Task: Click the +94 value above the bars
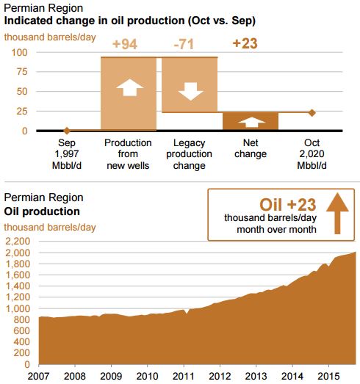125,44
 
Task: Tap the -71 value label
184,44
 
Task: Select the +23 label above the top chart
245,43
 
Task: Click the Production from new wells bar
129,93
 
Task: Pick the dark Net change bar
251,121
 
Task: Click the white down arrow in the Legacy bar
191,91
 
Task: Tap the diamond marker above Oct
312,112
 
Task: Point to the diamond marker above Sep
67,131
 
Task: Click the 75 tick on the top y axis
22,72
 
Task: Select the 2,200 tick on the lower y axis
18,242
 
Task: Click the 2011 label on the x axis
184,376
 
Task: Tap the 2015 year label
328,376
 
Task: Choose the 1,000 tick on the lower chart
18,308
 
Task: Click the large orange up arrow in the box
337,214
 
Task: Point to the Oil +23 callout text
288,205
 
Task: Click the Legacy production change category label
190,154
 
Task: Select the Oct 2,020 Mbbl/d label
312,154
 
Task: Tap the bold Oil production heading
42,211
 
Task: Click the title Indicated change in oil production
129,21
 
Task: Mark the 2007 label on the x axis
38,376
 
